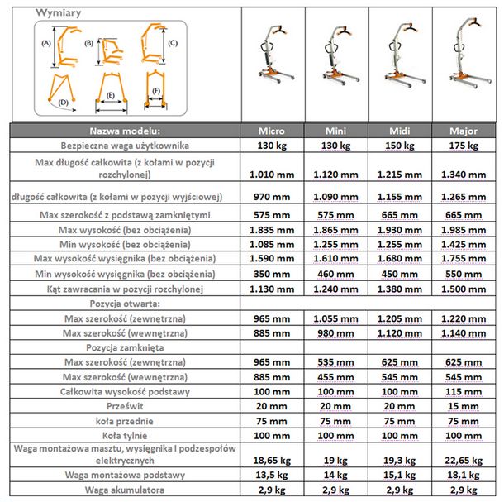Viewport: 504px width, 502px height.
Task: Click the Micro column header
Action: click(x=272, y=131)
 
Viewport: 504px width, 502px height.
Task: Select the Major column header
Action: click(x=464, y=131)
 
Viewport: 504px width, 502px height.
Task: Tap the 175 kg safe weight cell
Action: click(x=464, y=146)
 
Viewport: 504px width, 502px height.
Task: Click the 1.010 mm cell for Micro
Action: click(x=272, y=175)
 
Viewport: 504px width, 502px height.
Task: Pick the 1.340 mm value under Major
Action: click(x=464, y=175)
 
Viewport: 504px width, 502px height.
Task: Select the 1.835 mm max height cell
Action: click(x=272, y=229)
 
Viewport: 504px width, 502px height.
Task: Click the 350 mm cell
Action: click(x=272, y=273)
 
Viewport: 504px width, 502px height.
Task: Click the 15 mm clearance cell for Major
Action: click(x=464, y=406)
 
